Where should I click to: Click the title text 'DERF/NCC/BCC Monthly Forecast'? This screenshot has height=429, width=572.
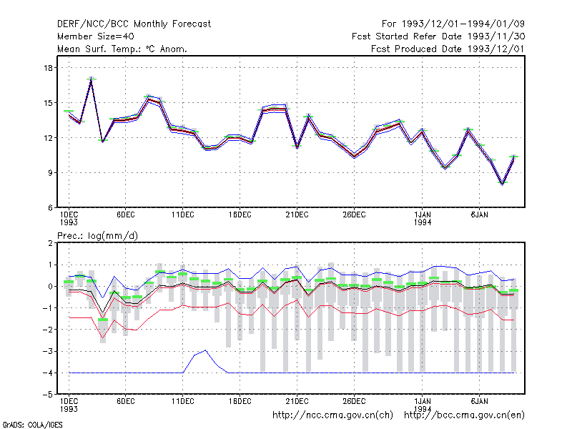[x=134, y=24]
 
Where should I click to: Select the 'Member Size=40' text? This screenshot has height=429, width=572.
[x=96, y=36]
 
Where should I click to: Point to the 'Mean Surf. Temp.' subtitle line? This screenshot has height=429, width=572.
[x=122, y=49]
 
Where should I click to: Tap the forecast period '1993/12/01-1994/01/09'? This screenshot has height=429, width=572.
[x=463, y=24]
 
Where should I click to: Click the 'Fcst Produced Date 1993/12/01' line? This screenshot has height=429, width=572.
[x=448, y=49]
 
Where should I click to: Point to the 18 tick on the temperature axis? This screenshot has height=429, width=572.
[x=49, y=67]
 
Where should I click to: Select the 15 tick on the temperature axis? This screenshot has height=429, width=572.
[x=49, y=102]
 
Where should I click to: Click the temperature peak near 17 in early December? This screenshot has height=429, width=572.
[x=92, y=79]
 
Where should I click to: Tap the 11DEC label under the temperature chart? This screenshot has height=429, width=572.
[x=183, y=215]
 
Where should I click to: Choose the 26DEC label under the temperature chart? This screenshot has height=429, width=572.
[x=354, y=215]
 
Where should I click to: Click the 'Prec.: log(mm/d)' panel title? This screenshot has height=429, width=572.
[x=97, y=236]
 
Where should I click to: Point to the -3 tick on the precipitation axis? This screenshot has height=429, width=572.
[x=48, y=351]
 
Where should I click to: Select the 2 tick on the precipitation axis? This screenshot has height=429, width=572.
[x=51, y=243]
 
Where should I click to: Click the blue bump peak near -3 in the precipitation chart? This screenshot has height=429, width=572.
[x=206, y=350]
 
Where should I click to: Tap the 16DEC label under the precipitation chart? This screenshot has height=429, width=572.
[x=240, y=401]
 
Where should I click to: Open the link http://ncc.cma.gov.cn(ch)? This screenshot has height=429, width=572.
[x=332, y=415]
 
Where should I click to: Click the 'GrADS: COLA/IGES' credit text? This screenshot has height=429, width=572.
[x=33, y=425]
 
